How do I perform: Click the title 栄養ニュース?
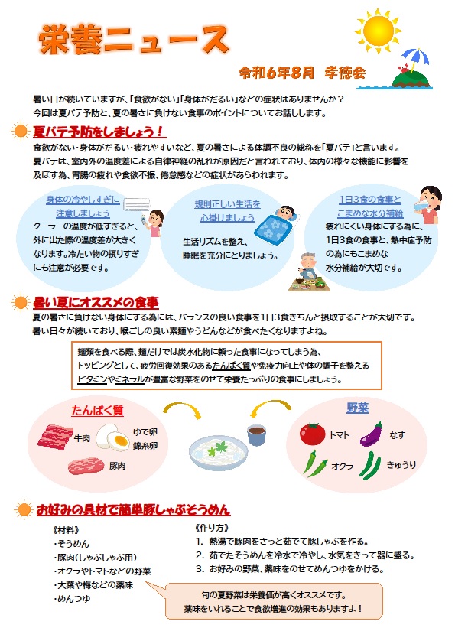tap(134, 40)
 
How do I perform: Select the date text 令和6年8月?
tap(276, 73)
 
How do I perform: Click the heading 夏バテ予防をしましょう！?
tap(99, 132)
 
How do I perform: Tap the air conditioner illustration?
tap(137, 203)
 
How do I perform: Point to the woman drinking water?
tap(427, 204)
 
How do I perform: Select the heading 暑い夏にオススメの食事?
tap(96, 303)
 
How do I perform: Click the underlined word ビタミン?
tap(92, 379)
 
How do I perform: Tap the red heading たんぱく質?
tap(97, 410)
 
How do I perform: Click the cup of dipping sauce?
tap(256, 435)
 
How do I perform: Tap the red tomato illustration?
tap(313, 434)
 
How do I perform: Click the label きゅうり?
tap(401, 465)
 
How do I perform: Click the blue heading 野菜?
tap(358, 408)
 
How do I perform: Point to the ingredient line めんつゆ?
tap(73, 599)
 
